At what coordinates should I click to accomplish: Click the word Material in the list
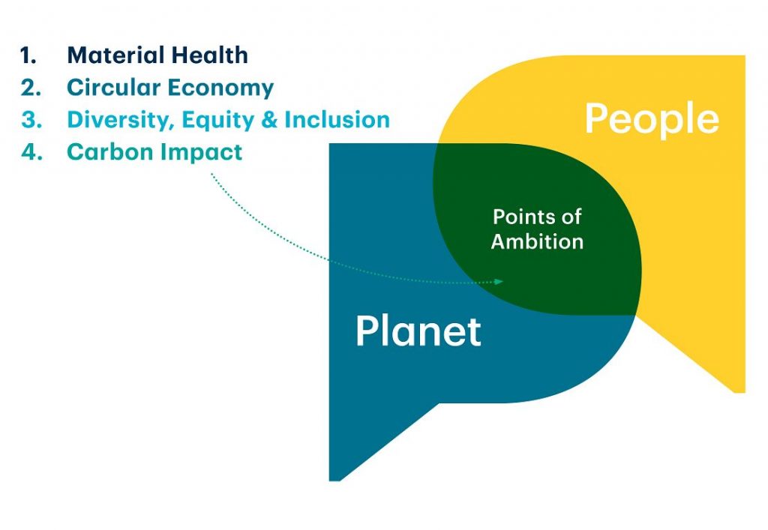coord(109,55)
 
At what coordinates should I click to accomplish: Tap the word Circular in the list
coord(114,88)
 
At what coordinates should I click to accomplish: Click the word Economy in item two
coord(221,88)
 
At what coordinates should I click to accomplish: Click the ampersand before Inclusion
coord(269,120)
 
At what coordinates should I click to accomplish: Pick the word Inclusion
coord(337,120)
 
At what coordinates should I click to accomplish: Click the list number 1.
coord(28,55)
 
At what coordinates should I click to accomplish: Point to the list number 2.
coord(31,88)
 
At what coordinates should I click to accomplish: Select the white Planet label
coord(418,331)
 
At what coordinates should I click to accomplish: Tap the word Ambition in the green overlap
coord(537,241)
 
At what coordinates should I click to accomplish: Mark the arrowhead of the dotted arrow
coord(499,281)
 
